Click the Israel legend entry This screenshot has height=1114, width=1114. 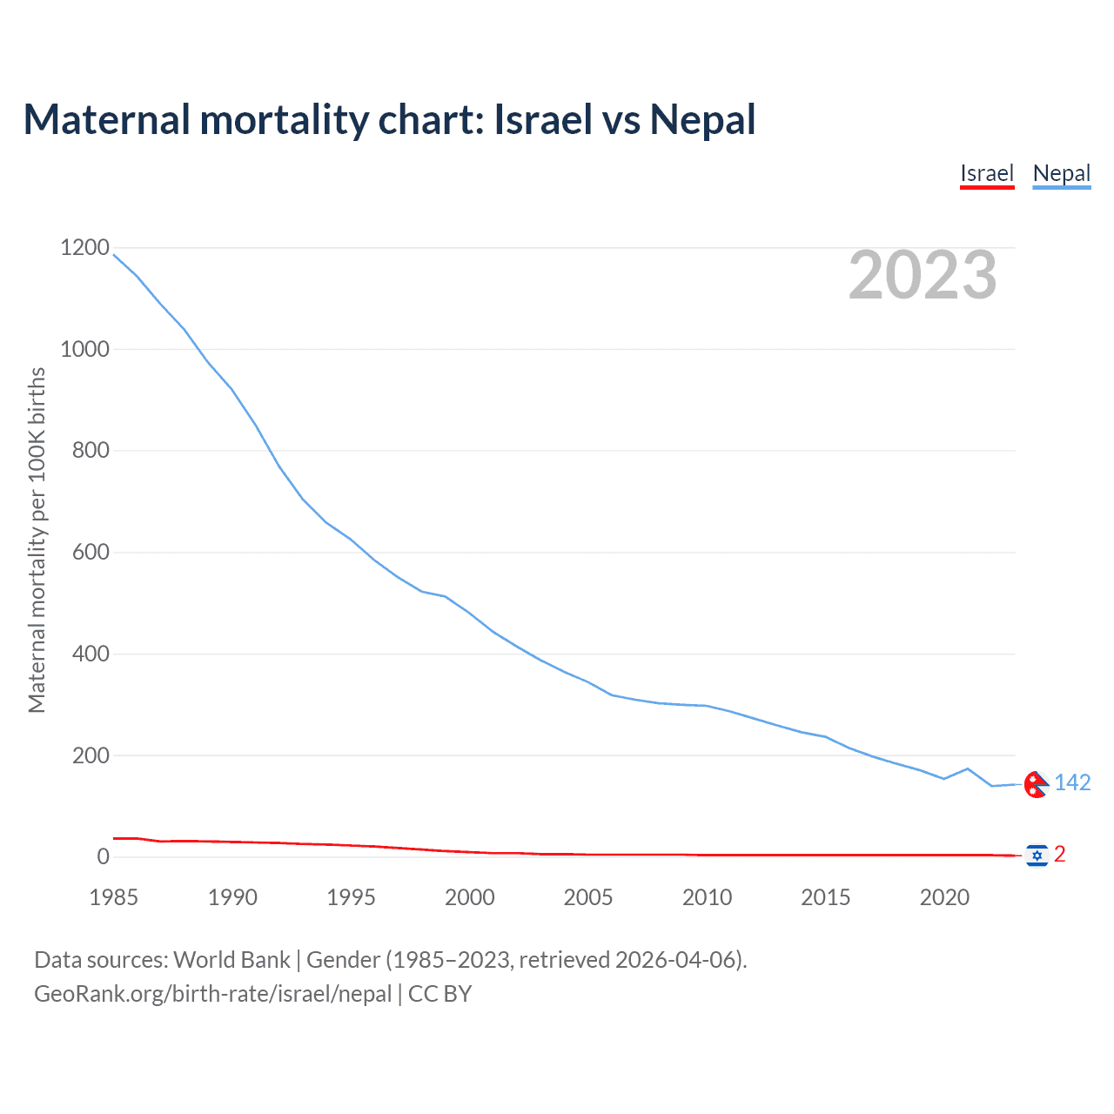coord(987,173)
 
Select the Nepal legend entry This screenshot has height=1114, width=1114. coord(1061,173)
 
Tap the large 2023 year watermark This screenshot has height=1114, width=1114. coord(923,275)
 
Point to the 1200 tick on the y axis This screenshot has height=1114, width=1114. coord(84,248)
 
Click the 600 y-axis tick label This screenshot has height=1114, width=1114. coord(91,552)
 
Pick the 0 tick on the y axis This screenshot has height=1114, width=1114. coord(104,856)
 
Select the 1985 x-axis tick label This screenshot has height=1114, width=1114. coord(114,897)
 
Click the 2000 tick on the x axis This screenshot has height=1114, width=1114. coord(470,897)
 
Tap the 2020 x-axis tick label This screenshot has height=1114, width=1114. coord(944,897)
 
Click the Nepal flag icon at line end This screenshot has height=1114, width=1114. coord(1036,784)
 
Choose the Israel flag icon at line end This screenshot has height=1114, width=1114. coord(1036,856)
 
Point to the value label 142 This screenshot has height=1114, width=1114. coord(1072,783)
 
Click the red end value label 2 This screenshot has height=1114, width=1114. coord(1059,855)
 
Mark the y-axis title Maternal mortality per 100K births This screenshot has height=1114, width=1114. coord(37,540)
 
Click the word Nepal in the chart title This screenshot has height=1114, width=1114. coord(702,119)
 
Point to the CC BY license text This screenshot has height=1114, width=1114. coord(440,993)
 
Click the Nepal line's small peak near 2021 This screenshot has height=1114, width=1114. coord(968,768)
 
